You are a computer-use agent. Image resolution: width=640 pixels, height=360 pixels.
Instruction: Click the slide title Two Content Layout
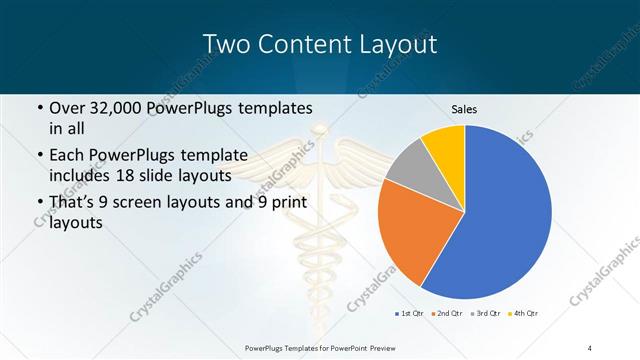click(319, 44)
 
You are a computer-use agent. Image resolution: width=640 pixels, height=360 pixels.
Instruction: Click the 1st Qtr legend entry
click(410, 314)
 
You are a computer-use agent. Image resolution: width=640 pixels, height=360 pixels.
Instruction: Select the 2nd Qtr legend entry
click(449, 314)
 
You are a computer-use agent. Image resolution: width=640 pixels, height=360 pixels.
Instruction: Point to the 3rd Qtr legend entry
click(488, 314)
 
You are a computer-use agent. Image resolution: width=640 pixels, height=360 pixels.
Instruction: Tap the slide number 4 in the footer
click(590, 348)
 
